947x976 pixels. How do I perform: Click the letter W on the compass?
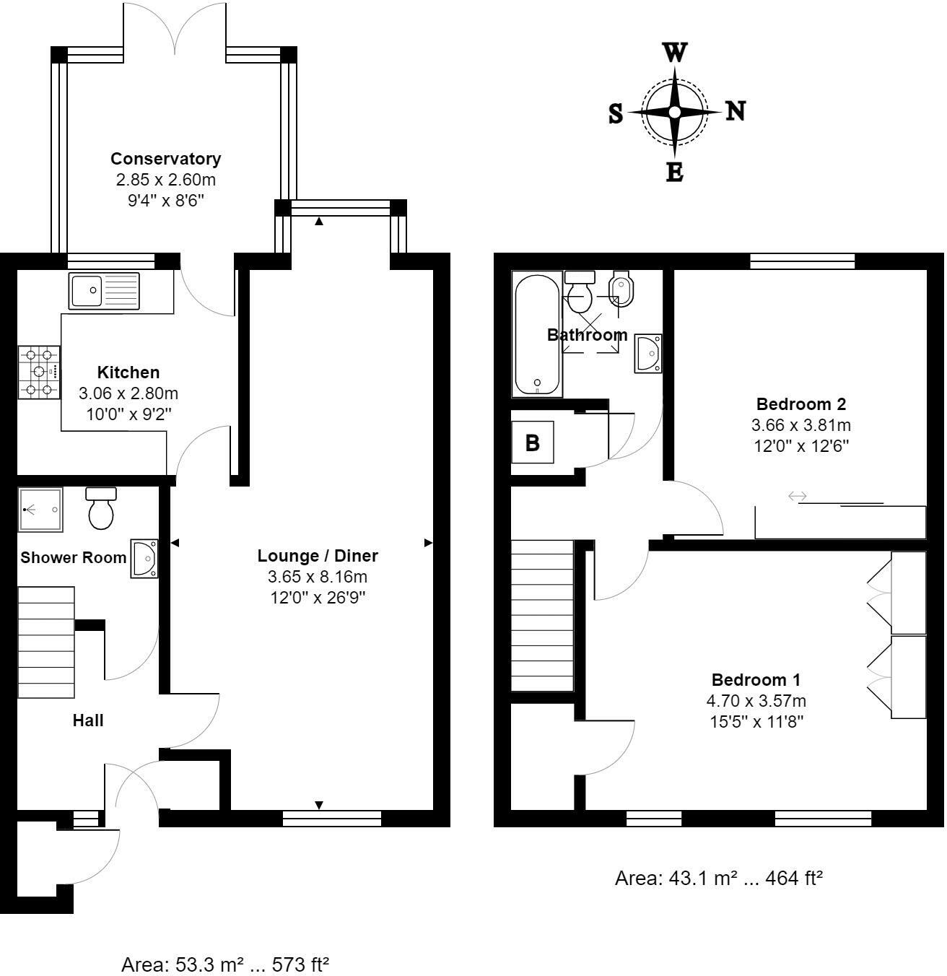pos(675,53)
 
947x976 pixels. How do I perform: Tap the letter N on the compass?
pos(735,112)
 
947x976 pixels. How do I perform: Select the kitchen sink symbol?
pos(103,290)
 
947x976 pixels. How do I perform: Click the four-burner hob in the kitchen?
pos(39,372)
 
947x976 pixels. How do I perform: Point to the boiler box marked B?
pos(533,443)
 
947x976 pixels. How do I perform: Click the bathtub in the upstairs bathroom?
pos(536,334)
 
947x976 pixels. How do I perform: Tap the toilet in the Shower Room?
pos(101,508)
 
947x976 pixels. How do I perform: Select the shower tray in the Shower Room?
pos(40,510)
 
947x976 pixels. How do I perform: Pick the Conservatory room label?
pos(165,159)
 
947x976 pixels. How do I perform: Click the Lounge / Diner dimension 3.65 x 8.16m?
pos(318,577)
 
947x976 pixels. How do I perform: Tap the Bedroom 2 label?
pos(800,404)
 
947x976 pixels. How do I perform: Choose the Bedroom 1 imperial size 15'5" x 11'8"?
pos(756,720)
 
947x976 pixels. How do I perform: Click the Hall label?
pos(88,720)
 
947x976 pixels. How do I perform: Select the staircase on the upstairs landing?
pos(542,616)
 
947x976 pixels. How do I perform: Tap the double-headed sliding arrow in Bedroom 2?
pos(797,496)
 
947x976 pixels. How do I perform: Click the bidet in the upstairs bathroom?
pos(621,290)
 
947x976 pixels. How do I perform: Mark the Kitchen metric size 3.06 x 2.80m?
pos(128,393)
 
